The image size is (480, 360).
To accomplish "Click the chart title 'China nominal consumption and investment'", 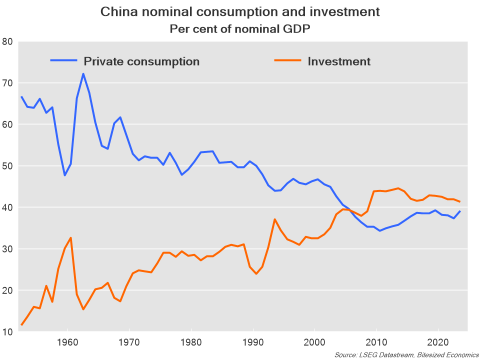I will click(x=240, y=11).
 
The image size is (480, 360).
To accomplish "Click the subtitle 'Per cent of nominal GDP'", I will click(x=240, y=28).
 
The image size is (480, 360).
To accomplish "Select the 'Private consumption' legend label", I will click(x=141, y=61).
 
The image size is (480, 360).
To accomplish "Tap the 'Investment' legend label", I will click(x=339, y=61).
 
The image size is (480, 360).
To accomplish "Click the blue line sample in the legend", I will click(x=63, y=60).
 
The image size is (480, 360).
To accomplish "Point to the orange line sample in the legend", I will click(x=287, y=60).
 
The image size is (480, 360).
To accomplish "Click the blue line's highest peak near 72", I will click(x=83, y=74).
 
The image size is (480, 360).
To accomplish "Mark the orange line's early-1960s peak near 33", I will click(x=70, y=237).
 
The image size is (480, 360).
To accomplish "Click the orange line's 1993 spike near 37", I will click(x=275, y=219).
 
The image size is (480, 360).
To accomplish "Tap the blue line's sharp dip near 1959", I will click(x=64, y=175).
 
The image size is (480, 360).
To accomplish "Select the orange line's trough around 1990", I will click(x=256, y=273).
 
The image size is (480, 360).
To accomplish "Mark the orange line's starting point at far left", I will click(x=21, y=325).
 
